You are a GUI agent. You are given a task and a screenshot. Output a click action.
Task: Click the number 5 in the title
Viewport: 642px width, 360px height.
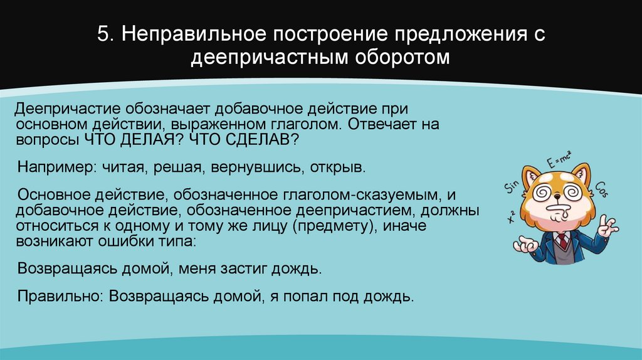tap(102, 34)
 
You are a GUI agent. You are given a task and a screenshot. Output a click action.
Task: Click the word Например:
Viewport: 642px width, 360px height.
tap(54, 169)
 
